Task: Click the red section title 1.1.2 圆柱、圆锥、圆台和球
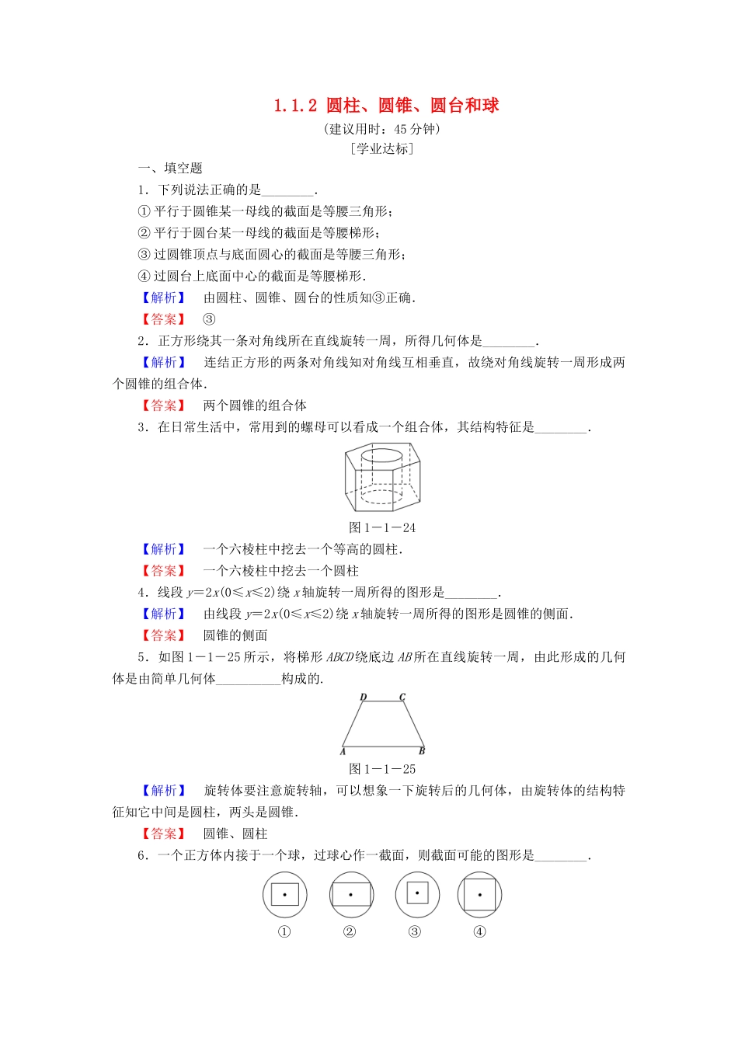(386, 106)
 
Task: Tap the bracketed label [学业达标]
(381, 148)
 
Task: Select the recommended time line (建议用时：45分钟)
(381, 128)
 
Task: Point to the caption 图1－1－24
(382, 527)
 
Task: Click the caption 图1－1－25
(382, 769)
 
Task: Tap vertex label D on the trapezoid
(363, 698)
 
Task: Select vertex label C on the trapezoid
(402, 698)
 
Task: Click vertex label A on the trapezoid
(343, 751)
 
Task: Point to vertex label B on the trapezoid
(422, 751)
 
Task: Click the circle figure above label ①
(284, 894)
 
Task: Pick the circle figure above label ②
(350, 894)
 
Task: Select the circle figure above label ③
(417, 893)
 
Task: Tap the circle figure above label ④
(479, 894)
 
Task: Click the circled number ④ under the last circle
(479, 932)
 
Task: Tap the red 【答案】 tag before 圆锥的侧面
(163, 635)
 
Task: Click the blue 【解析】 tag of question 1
(163, 298)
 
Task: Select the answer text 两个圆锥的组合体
(255, 405)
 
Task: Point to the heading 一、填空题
(170, 168)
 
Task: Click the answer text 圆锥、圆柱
(235, 833)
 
